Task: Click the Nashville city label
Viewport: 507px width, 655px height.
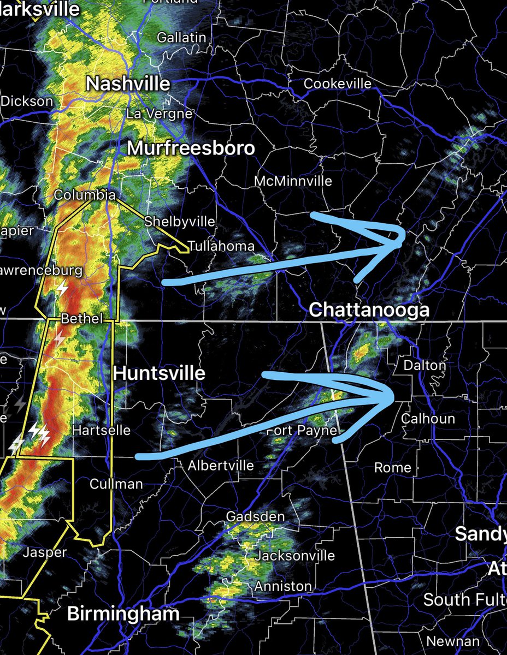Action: click(x=128, y=84)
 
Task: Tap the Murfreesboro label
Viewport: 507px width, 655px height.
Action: click(x=191, y=148)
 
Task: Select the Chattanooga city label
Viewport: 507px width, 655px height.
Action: click(x=369, y=310)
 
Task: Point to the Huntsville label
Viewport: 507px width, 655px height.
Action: click(x=159, y=373)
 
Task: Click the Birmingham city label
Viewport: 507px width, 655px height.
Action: click(x=123, y=614)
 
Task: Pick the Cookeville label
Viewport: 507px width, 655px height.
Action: click(x=337, y=84)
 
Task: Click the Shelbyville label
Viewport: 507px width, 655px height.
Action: click(x=179, y=222)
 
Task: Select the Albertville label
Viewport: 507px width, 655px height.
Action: click(x=221, y=466)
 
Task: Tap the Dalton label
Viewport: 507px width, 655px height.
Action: click(x=424, y=365)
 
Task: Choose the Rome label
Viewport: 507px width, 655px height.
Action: click(x=393, y=467)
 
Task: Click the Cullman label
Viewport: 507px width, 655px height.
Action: click(x=116, y=484)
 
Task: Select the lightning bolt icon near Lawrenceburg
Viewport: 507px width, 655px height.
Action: click(x=63, y=288)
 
